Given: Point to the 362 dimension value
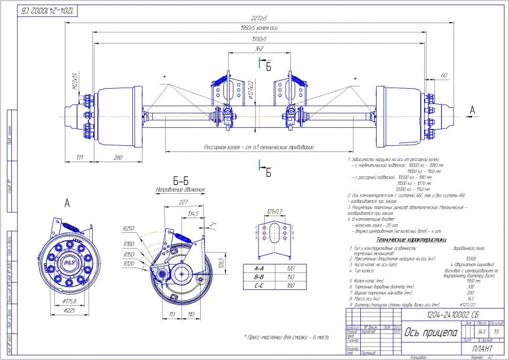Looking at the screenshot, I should [258, 49].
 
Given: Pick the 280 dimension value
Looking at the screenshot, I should [118, 158].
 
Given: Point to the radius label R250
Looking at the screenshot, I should [128, 228].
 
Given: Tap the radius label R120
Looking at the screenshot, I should [129, 263].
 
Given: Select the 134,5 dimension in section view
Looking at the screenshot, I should [192, 213].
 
